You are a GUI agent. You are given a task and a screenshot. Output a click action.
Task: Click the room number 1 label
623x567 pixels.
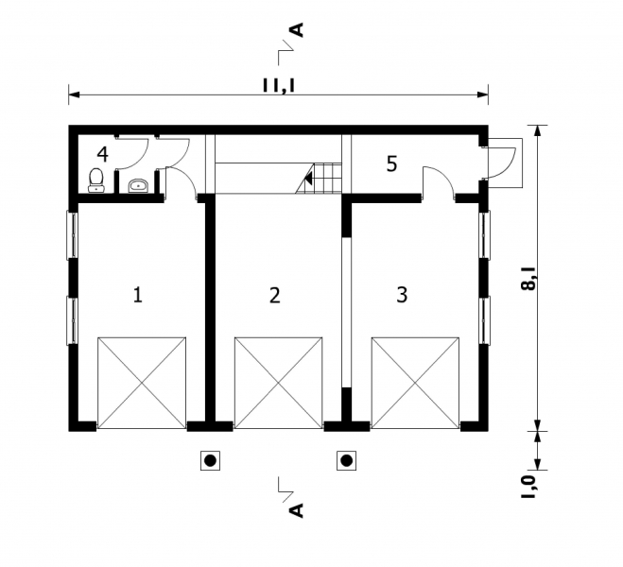point(138,294)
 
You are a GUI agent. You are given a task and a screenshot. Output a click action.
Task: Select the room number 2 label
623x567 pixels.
point(274,295)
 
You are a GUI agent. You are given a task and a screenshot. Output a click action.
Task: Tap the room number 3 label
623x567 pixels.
point(402,294)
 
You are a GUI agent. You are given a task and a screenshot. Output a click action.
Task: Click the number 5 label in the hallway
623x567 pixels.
point(391,163)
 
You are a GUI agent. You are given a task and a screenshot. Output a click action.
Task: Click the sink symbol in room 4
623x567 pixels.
point(137,184)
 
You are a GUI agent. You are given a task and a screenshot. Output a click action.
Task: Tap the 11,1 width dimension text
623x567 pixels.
point(278,84)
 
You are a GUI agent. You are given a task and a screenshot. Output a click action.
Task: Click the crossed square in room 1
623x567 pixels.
point(142,381)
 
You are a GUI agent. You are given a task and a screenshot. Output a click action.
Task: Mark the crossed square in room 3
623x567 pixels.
point(415,381)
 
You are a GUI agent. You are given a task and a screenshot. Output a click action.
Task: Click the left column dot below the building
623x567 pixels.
point(210,461)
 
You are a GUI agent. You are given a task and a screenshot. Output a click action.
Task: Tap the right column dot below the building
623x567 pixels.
point(347,461)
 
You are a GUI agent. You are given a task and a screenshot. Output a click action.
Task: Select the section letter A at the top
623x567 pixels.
point(297,32)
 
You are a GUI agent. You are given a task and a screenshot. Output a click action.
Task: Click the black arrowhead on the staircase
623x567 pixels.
point(307,177)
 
